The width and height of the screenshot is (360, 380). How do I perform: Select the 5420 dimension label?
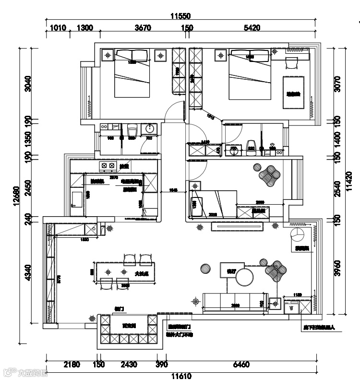pyautogui.click(x=252, y=28)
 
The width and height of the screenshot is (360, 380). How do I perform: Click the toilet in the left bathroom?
pyautogui.click(x=132, y=130)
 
